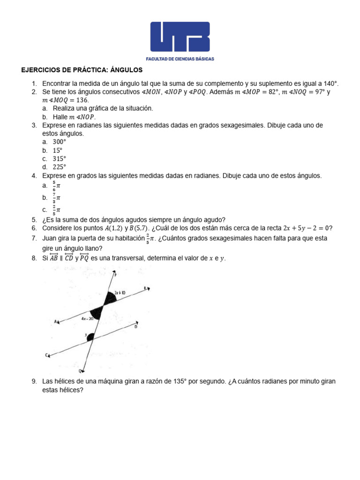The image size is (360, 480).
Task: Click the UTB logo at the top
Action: (x=180, y=37)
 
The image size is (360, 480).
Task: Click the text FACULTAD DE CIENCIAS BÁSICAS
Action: (x=180, y=59)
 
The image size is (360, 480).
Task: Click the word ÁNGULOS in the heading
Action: (x=127, y=70)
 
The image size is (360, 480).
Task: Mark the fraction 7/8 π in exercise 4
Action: (x=56, y=198)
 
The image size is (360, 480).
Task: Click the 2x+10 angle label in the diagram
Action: (x=119, y=292)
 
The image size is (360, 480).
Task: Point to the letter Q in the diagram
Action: (x=81, y=370)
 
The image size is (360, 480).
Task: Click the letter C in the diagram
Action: (x=46, y=355)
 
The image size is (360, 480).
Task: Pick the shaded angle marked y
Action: (x=91, y=336)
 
